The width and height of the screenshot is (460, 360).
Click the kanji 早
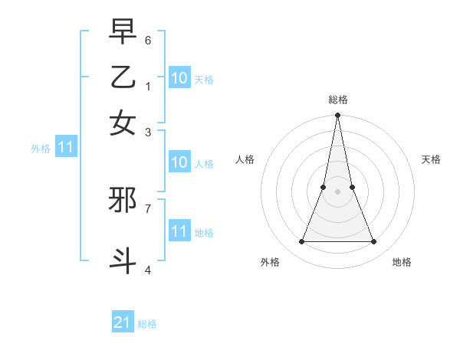pyautogui.click(x=123, y=33)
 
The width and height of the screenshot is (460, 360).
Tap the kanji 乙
pyautogui.click(x=123, y=77)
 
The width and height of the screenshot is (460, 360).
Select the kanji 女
pyautogui.click(x=123, y=123)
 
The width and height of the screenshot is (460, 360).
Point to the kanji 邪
pyautogui.click(x=123, y=201)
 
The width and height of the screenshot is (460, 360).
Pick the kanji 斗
pyautogui.click(x=123, y=259)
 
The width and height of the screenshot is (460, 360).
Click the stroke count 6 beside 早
pyautogui.click(x=148, y=40)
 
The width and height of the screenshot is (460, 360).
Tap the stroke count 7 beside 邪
pyautogui.click(x=148, y=208)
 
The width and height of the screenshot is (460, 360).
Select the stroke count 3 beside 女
pyautogui.click(x=148, y=132)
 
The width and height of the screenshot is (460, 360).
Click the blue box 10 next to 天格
pyautogui.click(x=179, y=78)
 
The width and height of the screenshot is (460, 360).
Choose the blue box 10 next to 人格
pyautogui.click(x=179, y=162)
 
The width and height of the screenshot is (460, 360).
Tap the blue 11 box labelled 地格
pyautogui.click(x=179, y=231)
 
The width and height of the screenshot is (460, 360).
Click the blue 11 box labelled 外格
pyautogui.click(x=65, y=148)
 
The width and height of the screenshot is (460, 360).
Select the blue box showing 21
pyautogui.click(x=123, y=322)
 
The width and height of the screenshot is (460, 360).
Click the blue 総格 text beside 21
pyautogui.click(x=147, y=324)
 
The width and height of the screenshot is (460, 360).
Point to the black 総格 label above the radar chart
pyautogui.click(x=337, y=100)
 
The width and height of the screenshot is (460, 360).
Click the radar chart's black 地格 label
pyautogui.click(x=402, y=262)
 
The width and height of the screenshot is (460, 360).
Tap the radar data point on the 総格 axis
pyautogui.click(x=337, y=116)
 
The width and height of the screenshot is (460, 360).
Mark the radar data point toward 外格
pyautogui.click(x=301, y=242)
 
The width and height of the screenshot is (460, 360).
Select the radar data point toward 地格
pyautogui.click(x=373, y=242)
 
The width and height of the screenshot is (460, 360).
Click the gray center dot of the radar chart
pyautogui.click(x=337, y=191)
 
